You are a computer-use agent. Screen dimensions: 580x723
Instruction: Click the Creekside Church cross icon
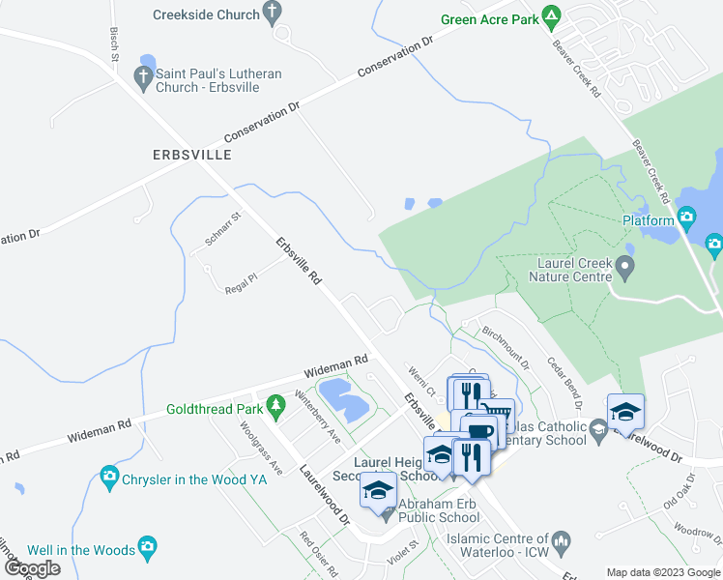[x=273, y=14]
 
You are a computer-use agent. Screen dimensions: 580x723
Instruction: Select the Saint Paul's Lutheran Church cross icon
[x=143, y=79]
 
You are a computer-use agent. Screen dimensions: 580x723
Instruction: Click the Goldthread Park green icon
[x=275, y=408]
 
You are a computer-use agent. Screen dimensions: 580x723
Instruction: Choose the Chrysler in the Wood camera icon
[x=109, y=476]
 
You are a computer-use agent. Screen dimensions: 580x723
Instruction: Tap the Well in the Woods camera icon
[x=147, y=548]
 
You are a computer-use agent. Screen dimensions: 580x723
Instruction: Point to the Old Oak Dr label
[x=681, y=491]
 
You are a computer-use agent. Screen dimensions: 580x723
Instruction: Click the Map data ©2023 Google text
[x=664, y=572]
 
